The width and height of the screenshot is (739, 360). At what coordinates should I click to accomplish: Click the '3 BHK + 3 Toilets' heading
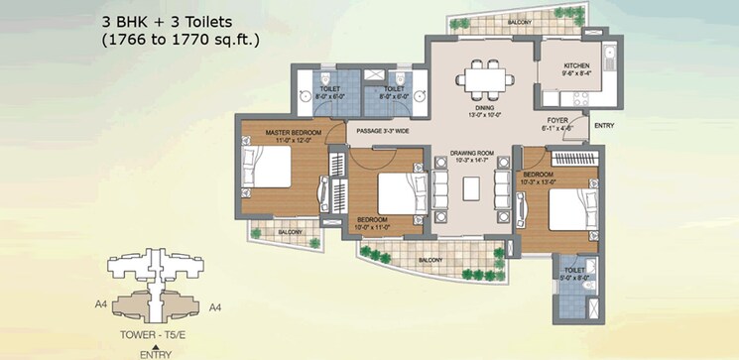[163, 21]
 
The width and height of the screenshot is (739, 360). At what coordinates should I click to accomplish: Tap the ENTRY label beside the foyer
[603, 126]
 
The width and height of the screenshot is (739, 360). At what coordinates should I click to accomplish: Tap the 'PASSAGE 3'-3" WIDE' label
[382, 129]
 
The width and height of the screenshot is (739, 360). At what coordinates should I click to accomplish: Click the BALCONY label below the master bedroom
[290, 232]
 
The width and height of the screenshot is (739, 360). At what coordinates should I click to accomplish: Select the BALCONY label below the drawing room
[430, 260]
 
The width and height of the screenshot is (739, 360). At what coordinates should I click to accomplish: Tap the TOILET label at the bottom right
[573, 270]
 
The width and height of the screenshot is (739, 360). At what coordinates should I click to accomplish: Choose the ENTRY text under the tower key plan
[151, 353]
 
